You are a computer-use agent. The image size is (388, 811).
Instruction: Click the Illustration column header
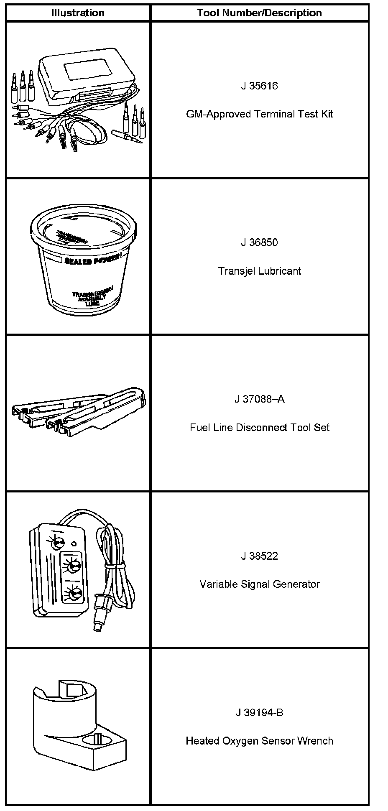point(78,13)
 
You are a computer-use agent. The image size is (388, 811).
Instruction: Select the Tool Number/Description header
point(259,13)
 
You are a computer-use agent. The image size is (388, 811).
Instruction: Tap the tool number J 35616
point(259,86)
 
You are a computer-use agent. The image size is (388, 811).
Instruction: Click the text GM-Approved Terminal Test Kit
point(259,114)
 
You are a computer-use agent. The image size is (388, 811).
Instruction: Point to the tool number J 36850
point(259,242)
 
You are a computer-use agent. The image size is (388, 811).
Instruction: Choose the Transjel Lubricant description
point(259,271)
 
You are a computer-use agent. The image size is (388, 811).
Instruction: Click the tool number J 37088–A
point(259,399)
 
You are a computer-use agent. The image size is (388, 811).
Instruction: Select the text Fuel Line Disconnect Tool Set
point(259,428)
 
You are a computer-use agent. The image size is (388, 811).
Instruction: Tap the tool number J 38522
point(259,556)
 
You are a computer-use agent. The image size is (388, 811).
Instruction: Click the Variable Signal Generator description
point(259,584)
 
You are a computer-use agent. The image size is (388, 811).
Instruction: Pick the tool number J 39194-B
point(259,712)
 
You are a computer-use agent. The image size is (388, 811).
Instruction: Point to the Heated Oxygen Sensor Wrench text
point(259,741)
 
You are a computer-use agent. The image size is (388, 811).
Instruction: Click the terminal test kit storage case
point(86,75)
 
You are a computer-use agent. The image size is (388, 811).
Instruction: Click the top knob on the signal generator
point(57,544)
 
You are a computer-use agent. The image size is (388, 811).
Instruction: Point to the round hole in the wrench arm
point(97,740)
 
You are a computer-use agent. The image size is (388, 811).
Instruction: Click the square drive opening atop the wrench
point(71,689)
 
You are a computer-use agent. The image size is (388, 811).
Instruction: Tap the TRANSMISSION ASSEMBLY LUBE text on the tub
point(92,296)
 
